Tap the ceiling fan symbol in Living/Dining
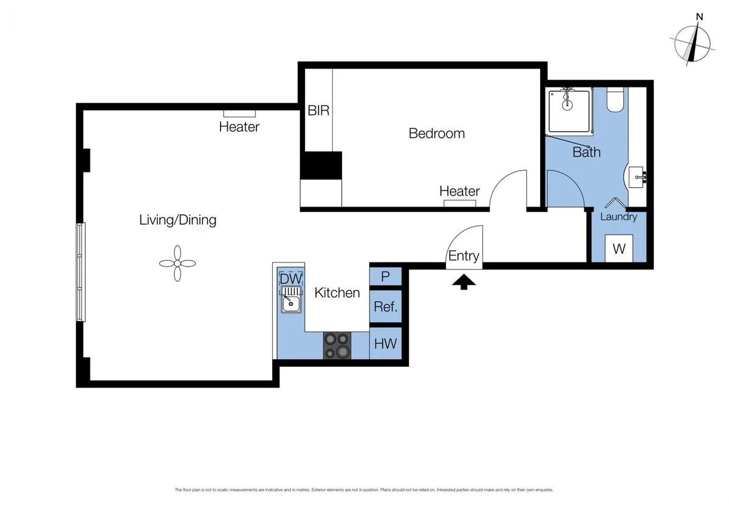point(177,263)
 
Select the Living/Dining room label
point(177,220)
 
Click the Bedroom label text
point(436,133)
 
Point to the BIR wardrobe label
point(318,111)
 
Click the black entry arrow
point(464,282)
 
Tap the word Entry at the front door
point(464,256)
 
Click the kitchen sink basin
point(291,304)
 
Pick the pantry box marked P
point(385,276)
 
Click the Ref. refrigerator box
point(385,307)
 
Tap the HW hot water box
point(385,344)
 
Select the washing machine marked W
point(619,248)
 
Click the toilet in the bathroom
point(615,101)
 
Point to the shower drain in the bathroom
point(567,104)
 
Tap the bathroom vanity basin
point(635,177)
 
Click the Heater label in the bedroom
point(459,191)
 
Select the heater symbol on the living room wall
point(239,114)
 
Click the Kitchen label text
point(337,293)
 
